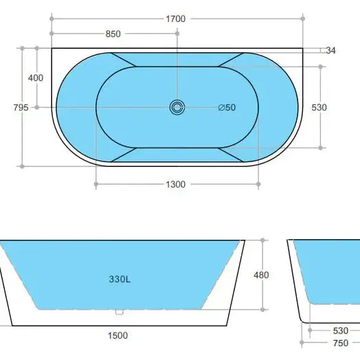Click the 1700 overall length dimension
(x=176, y=19)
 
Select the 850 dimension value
(x=114, y=33)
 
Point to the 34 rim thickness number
(x=330, y=51)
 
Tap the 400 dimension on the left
(x=35, y=78)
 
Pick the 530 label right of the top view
(x=338, y=107)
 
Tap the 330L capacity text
(x=121, y=280)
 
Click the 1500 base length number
(x=117, y=335)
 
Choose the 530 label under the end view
(x=341, y=330)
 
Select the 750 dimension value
(x=341, y=342)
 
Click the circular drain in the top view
(x=177, y=106)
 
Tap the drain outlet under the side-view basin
(x=120, y=312)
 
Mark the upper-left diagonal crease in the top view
(x=122, y=60)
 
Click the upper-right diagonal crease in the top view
(x=232, y=60)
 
